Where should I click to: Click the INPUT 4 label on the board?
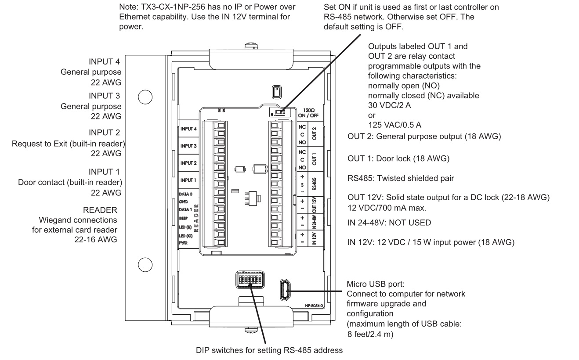coord(188,129)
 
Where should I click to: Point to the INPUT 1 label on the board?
coord(188,180)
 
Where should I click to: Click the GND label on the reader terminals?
coord(184,202)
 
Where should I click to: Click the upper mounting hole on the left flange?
coord(145,97)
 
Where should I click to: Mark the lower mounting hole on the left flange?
coord(145,264)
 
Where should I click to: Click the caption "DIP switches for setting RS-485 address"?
coord(269,350)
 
